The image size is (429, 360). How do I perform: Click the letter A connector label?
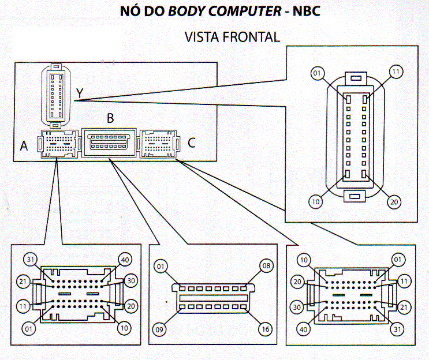[24, 147]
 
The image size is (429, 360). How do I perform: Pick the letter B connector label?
[110, 119]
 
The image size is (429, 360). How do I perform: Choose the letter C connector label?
[192, 142]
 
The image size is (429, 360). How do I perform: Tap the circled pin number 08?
[266, 267]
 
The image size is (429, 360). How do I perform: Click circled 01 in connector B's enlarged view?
[161, 267]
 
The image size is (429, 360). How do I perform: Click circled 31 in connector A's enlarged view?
[30, 260]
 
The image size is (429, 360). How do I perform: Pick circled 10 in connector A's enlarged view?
[123, 329]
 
